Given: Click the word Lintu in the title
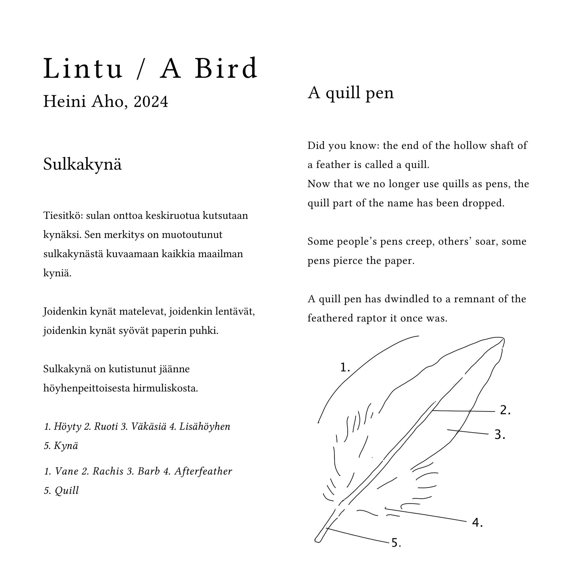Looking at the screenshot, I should (x=83, y=69).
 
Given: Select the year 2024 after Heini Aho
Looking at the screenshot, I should (x=151, y=102).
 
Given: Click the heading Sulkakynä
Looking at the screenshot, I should (x=82, y=165).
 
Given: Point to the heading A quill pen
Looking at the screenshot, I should (x=351, y=93).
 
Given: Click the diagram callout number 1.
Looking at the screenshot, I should (x=345, y=367).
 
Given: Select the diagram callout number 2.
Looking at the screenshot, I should (x=505, y=410).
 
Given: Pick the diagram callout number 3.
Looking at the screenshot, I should (x=499, y=435).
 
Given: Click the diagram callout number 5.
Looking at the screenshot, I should (x=396, y=543).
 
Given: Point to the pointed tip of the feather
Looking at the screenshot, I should (x=503, y=339).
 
